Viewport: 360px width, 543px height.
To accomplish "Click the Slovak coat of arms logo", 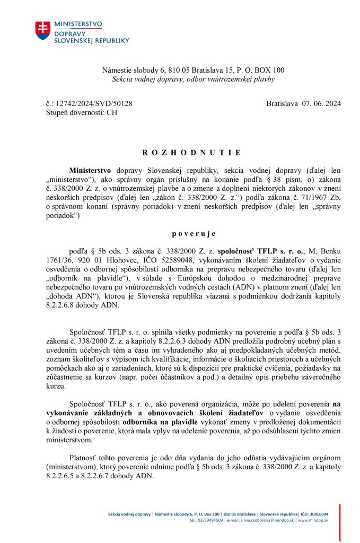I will pos(43,31).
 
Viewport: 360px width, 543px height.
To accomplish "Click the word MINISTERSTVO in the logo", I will pos(78,24).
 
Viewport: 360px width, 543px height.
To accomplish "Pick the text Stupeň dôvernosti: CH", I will pos(82,112).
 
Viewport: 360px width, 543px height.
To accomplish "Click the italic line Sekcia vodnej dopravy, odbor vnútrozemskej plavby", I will pos(194,80).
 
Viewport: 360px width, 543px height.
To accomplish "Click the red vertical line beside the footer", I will pos(340,522).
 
